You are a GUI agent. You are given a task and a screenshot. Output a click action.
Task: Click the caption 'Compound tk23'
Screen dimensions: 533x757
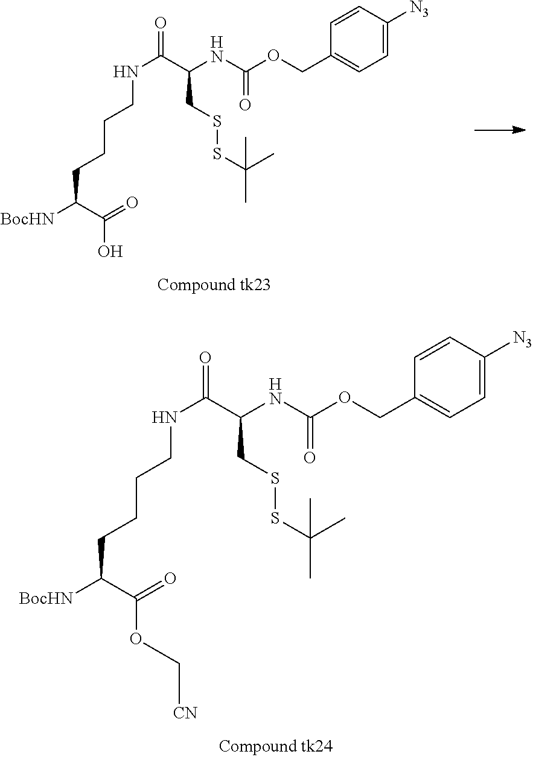pyautogui.click(x=214, y=285)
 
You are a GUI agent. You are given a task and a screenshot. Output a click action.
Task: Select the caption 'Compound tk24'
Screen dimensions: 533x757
pyautogui.click(x=275, y=746)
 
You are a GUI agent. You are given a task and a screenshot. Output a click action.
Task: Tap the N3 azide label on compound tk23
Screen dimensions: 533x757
pyautogui.click(x=418, y=10)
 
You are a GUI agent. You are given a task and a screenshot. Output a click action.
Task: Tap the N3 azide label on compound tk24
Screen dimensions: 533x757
pyautogui.click(x=522, y=340)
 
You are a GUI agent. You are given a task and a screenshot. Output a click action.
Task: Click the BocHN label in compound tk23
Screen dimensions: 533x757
pyautogui.click(x=27, y=219)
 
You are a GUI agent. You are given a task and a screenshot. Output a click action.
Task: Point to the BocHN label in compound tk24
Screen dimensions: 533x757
pyautogui.click(x=46, y=598)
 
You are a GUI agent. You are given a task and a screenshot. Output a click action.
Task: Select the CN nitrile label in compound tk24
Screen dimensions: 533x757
pyautogui.click(x=185, y=713)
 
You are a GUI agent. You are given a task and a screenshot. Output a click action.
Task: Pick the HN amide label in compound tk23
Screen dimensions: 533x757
pyautogui.click(x=126, y=72)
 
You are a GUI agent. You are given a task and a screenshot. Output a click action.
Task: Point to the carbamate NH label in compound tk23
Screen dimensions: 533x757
pyautogui.click(x=219, y=50)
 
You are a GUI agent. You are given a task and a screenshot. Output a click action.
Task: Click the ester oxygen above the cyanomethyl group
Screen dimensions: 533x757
pyautogui.click(x=137, y=639)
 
